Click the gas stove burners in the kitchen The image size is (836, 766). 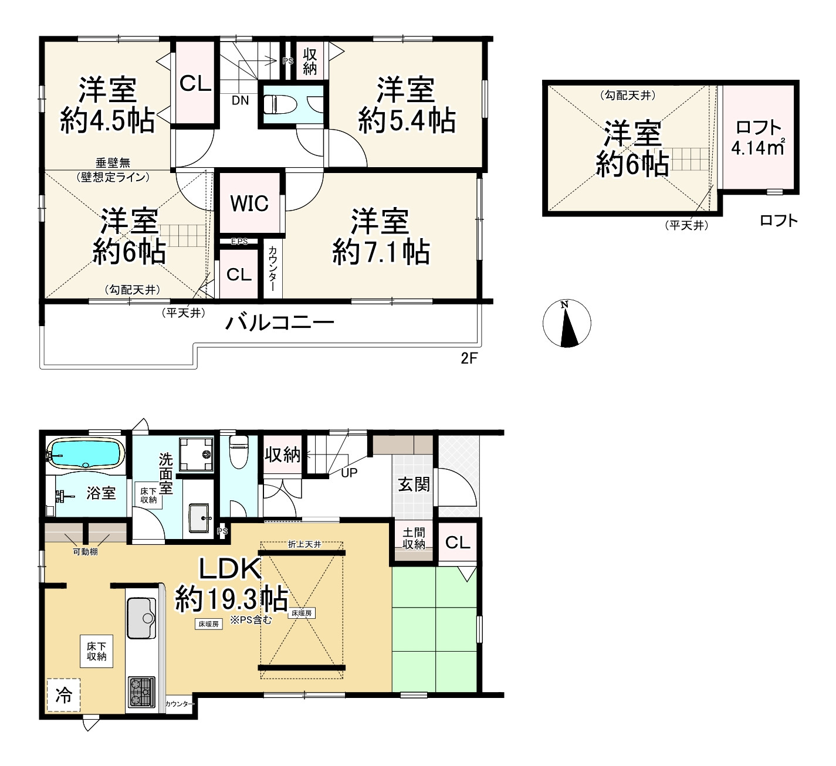(x=141, y=692)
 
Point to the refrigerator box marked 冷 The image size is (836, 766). (x=63, y=695)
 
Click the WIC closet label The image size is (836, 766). (x=249, y=204)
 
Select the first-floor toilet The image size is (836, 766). (x=239, y=452)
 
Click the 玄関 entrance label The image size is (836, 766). (x=414, y=484)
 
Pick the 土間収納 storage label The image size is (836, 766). (x=414, y=538)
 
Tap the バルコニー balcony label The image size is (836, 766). (x=280, y=323)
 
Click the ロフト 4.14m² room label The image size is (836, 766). (x=759, y=138)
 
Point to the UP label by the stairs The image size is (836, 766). (x=349, y=473)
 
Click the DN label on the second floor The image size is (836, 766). (x=239, y=100)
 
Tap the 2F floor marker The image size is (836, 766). (x=469, y=358)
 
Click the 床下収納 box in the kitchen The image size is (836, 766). (x=96, y=651)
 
